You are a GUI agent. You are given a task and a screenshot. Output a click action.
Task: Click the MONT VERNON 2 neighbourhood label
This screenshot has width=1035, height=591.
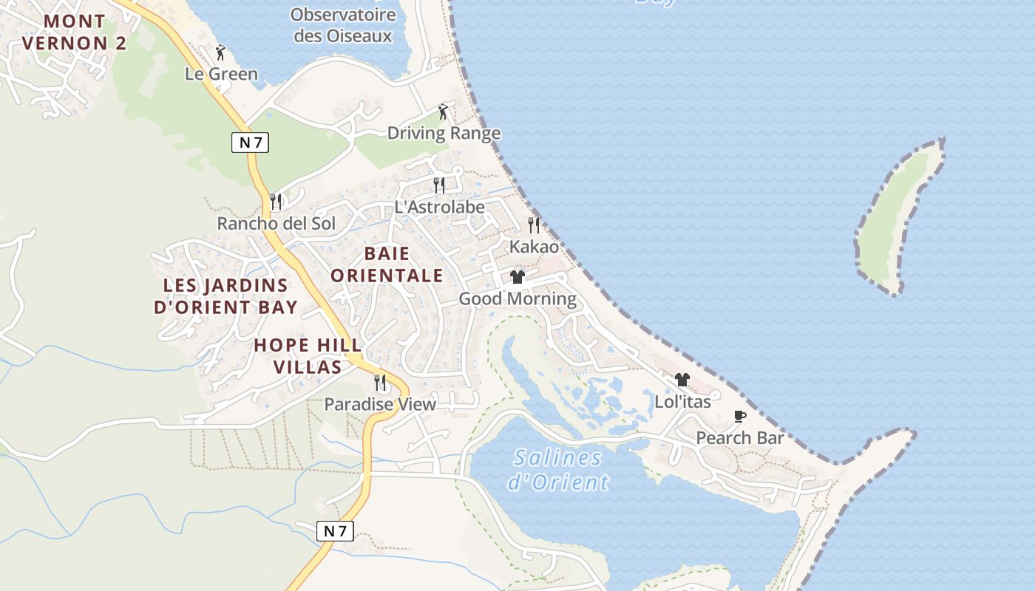coord(74,32)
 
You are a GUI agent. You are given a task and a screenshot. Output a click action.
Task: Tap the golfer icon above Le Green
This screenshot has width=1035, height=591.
coord(220,52)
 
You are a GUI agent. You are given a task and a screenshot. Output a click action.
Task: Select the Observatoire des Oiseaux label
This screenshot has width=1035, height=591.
coord(343,24)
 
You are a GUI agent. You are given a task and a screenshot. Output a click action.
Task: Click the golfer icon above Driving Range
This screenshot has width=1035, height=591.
coord(444,112)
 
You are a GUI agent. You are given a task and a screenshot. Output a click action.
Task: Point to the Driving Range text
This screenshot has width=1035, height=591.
coord(444,134)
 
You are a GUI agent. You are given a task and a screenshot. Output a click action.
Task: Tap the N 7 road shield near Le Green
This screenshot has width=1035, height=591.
coord(250,143)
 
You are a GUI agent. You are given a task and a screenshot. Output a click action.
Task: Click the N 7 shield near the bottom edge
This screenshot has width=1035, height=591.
coord(335,530)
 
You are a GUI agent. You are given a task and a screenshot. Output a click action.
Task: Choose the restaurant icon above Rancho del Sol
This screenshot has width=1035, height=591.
coord(276,201)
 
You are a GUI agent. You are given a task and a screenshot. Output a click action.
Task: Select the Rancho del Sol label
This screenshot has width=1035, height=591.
coord(276,223)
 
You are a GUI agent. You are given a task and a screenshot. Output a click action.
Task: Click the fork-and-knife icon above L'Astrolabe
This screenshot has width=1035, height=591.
coord(439,185)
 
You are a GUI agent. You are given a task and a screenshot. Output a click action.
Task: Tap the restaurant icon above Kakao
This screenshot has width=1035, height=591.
coord(534,225)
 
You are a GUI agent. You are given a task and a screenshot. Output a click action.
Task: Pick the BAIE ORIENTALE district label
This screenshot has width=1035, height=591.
coord(387,265)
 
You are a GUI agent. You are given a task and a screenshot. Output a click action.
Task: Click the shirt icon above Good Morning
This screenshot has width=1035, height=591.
coord(517,277)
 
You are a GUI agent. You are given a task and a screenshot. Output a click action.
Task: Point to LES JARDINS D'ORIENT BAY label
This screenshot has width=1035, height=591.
coord(225,296)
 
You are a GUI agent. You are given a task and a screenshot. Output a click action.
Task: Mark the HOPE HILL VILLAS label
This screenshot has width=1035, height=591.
coord(308,356)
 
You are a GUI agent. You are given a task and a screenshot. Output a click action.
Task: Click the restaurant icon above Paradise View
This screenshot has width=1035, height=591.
coord(380,382)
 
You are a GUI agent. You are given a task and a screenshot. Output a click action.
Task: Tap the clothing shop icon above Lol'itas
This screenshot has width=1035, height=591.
coord(682,380)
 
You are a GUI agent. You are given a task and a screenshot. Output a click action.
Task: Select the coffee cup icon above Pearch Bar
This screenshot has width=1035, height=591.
coord(739,417)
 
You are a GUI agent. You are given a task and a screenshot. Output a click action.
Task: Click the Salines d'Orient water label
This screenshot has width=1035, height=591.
coord(558,470)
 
